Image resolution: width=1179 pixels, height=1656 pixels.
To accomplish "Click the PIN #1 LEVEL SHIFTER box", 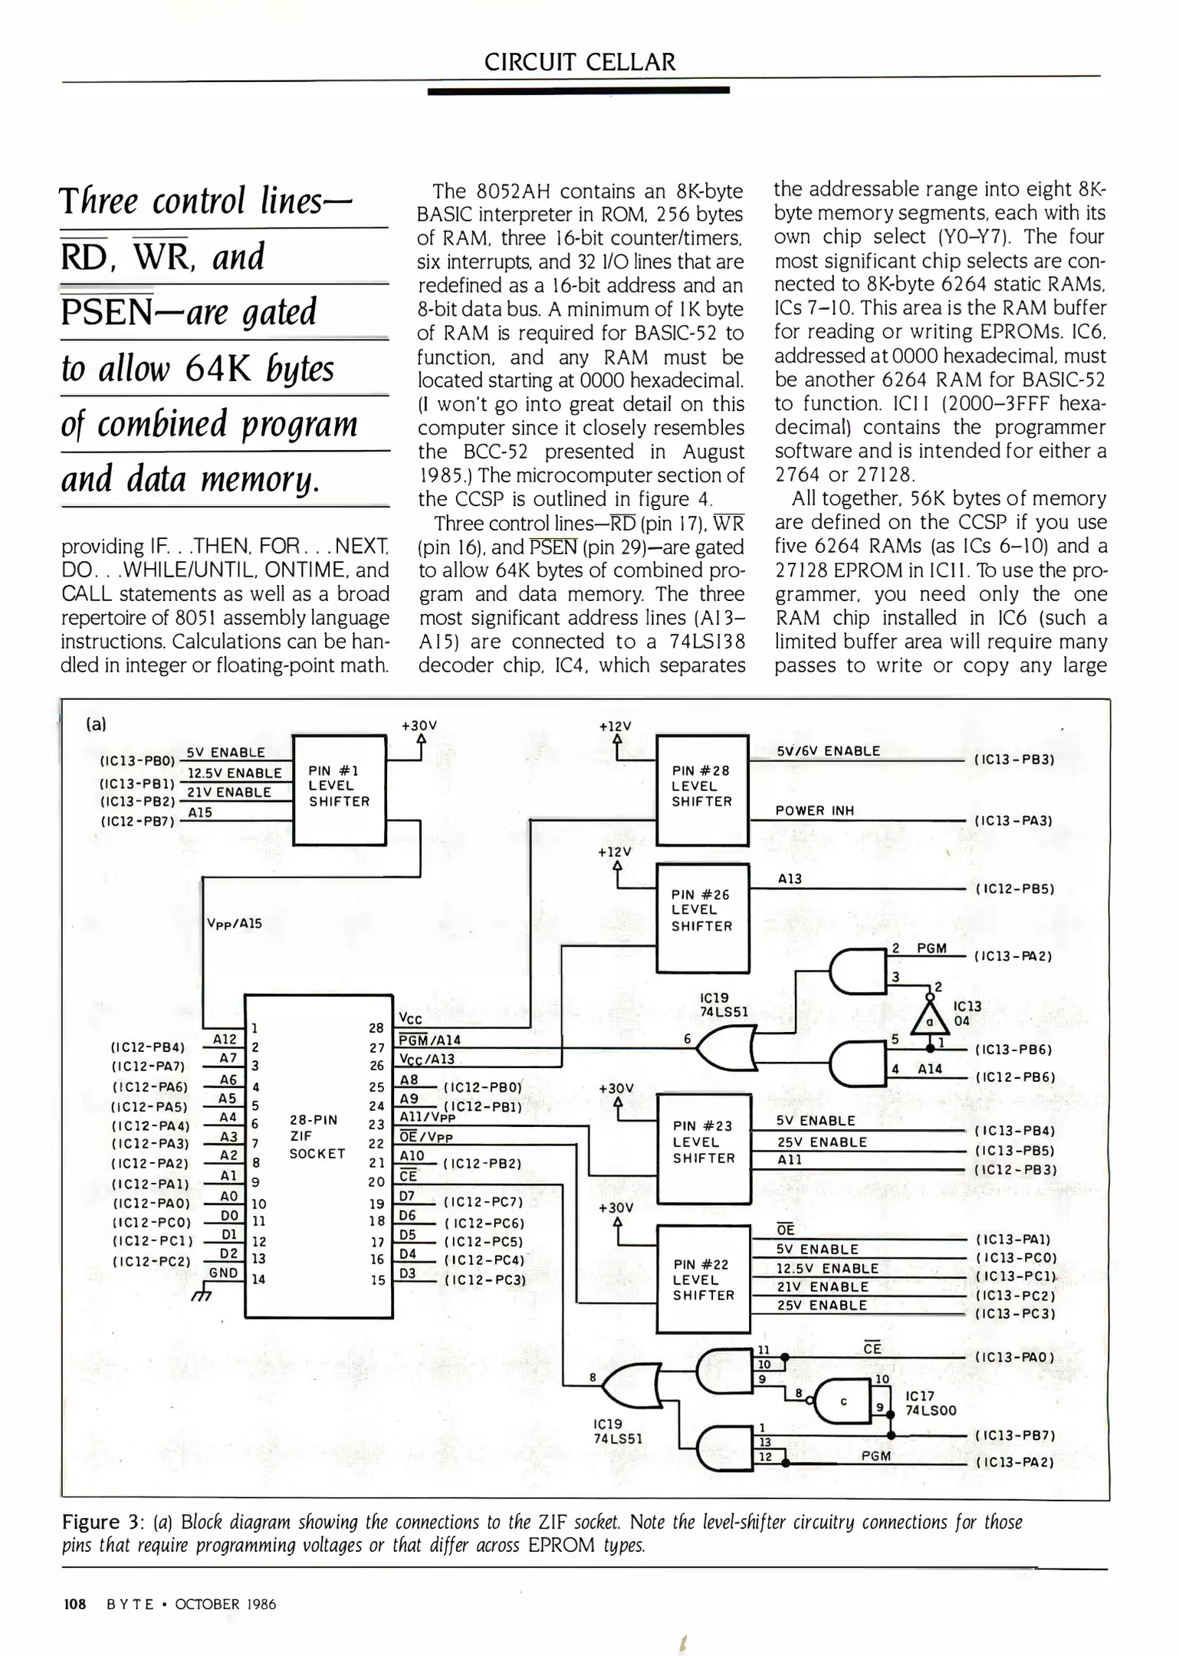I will click(339, 790).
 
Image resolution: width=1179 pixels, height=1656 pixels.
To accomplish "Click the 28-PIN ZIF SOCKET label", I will click(317, 1136).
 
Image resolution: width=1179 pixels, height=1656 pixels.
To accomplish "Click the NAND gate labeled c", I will click(845, 1401).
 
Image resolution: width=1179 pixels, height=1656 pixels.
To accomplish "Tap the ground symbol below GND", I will click(202, 1295).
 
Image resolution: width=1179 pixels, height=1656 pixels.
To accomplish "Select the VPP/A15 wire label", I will click(235, 923).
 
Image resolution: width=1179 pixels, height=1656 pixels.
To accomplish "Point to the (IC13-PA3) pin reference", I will click(1013, 820).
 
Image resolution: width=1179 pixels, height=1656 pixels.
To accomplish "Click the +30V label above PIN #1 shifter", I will click(419, 725).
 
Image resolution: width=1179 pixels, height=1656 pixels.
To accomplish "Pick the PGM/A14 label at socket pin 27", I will click(430, 1040).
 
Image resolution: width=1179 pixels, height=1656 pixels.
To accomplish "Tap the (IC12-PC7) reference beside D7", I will click(483, 1201).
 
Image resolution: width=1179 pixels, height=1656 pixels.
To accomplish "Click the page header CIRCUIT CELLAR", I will click(580, 62).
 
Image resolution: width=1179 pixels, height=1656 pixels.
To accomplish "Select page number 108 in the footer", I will click(74, 1604).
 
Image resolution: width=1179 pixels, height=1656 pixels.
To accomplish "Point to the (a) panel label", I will click(97, 724).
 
